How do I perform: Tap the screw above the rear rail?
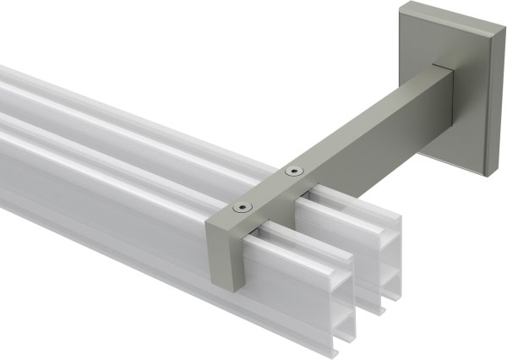coord(293,172)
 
